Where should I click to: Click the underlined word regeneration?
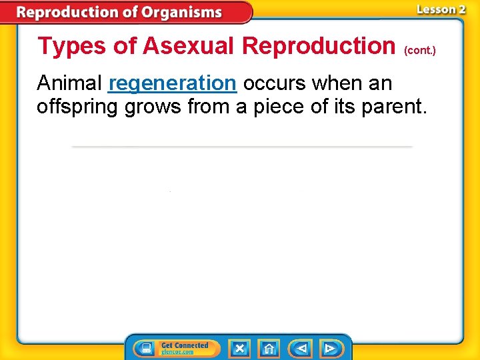tap(172, 84)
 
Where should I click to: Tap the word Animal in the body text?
tap(69, 84)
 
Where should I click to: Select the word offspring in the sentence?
tap(77, 106)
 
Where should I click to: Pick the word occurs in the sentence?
tap(275, 84)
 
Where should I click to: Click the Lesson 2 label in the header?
tap(441, 9)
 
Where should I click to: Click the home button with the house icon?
tap(269, 349)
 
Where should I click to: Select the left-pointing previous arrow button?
tap(299, 349)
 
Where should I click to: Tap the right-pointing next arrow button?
tap(329, 349)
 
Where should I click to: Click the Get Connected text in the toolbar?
tap(185, 345)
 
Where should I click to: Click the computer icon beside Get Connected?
tap(145, 349)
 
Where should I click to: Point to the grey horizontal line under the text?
tap(241, 146)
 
